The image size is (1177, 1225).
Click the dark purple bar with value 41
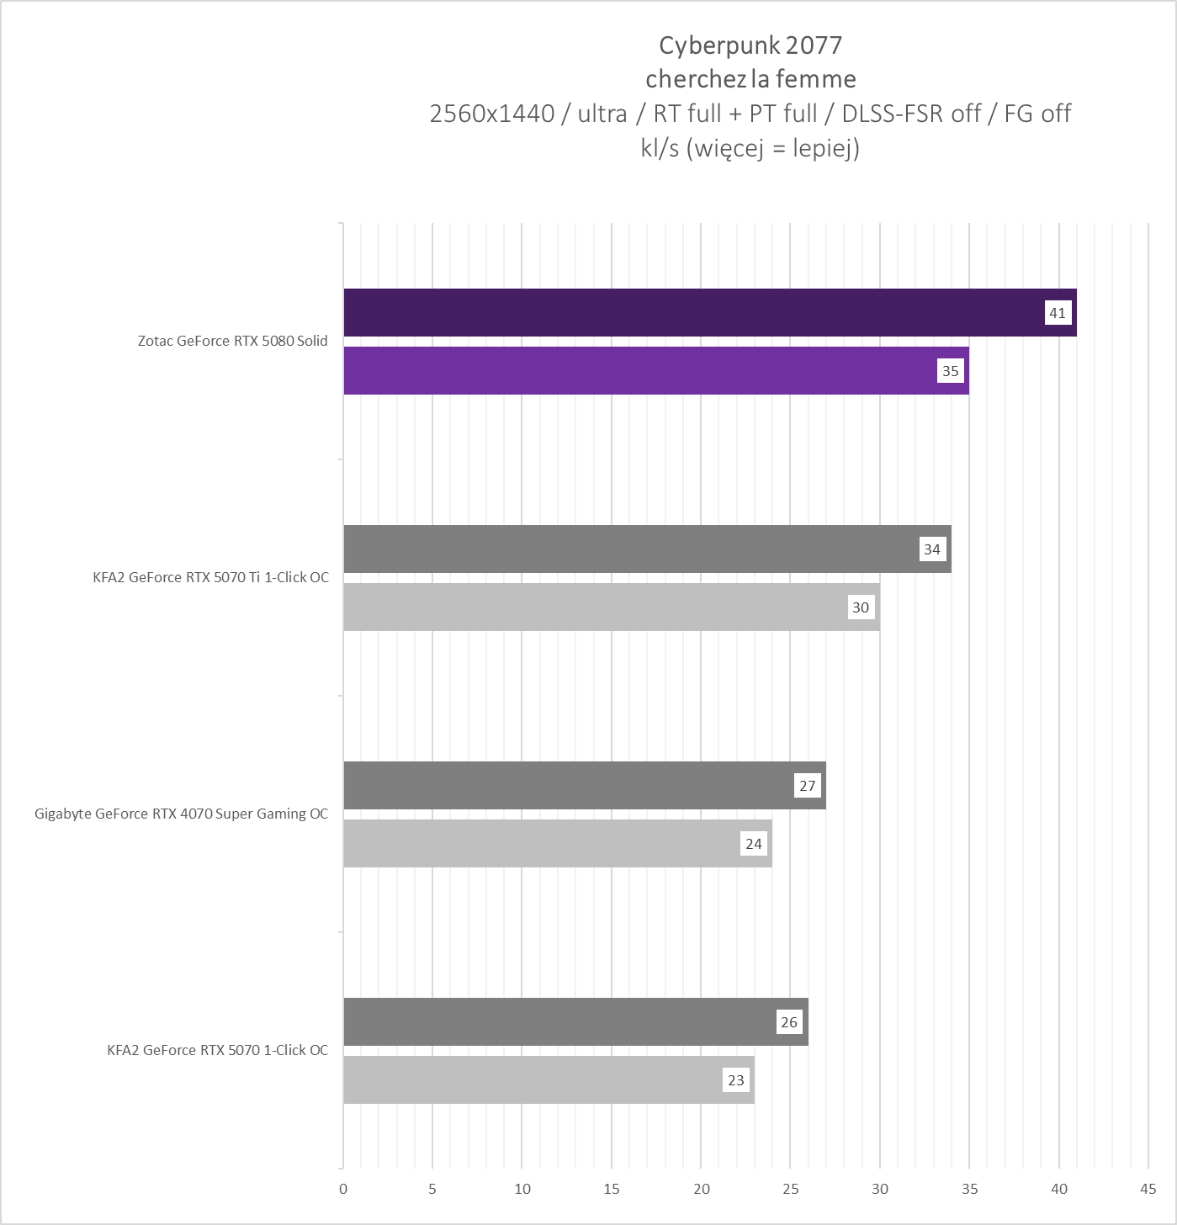click(x=690, y=313)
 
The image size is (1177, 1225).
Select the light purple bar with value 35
click(x=639, y=371)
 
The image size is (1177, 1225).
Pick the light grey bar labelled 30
click(x=589, y=607)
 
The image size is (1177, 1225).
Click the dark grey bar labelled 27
click(x=564, y=786)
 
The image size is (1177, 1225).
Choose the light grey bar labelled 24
click(x=538, y=844)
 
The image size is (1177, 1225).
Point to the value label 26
click(x=789, y=1022)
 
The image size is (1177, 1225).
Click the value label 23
click(x=736, y=1080)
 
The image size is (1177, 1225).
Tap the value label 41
click(x=1058, y=313)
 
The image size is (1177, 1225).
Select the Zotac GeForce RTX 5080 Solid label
click(x=233, y=341)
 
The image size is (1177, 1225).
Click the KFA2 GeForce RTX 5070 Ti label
click(x=210, y=577)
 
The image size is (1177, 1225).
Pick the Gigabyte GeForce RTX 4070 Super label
click(x=181, y=814)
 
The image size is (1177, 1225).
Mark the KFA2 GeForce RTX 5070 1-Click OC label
click(x=217, y=1050)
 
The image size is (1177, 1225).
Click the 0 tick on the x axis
click(x=343, y=1189)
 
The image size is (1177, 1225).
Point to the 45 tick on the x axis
click(x=1148, y=1189)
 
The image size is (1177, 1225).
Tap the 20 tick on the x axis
click(x=701, y=1189)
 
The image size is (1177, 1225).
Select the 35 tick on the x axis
click(x=969, y=1189)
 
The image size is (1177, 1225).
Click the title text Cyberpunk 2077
click(x=750, y=45)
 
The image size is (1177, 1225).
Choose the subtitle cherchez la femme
click(x=750, y=79)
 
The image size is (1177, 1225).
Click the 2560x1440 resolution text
click(x=492, y=114)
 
